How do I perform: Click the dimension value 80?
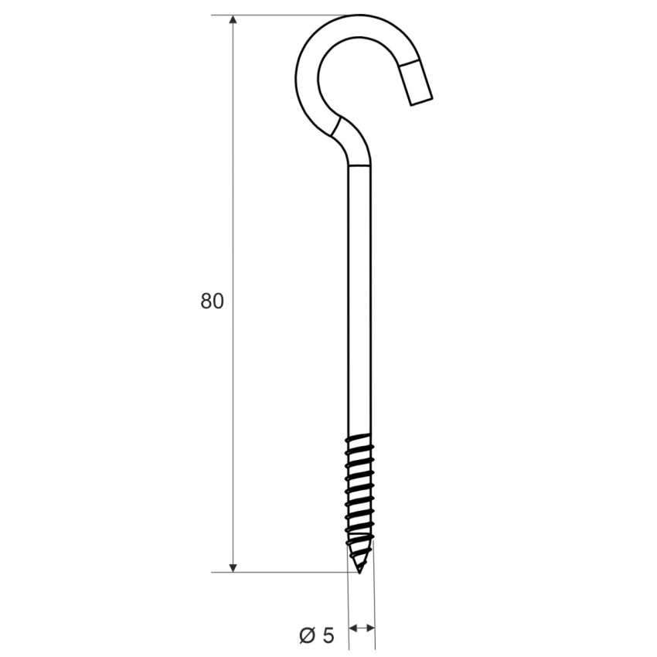point(212,301)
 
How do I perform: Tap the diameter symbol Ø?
point(308,635)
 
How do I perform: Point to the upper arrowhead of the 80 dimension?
point(233,19)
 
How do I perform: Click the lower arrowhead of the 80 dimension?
point(233,568)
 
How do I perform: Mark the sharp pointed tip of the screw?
point(359,572)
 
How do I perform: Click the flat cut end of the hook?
point(421,102)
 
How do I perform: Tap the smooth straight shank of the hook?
point(359,300)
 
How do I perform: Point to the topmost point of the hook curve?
point(359,15)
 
